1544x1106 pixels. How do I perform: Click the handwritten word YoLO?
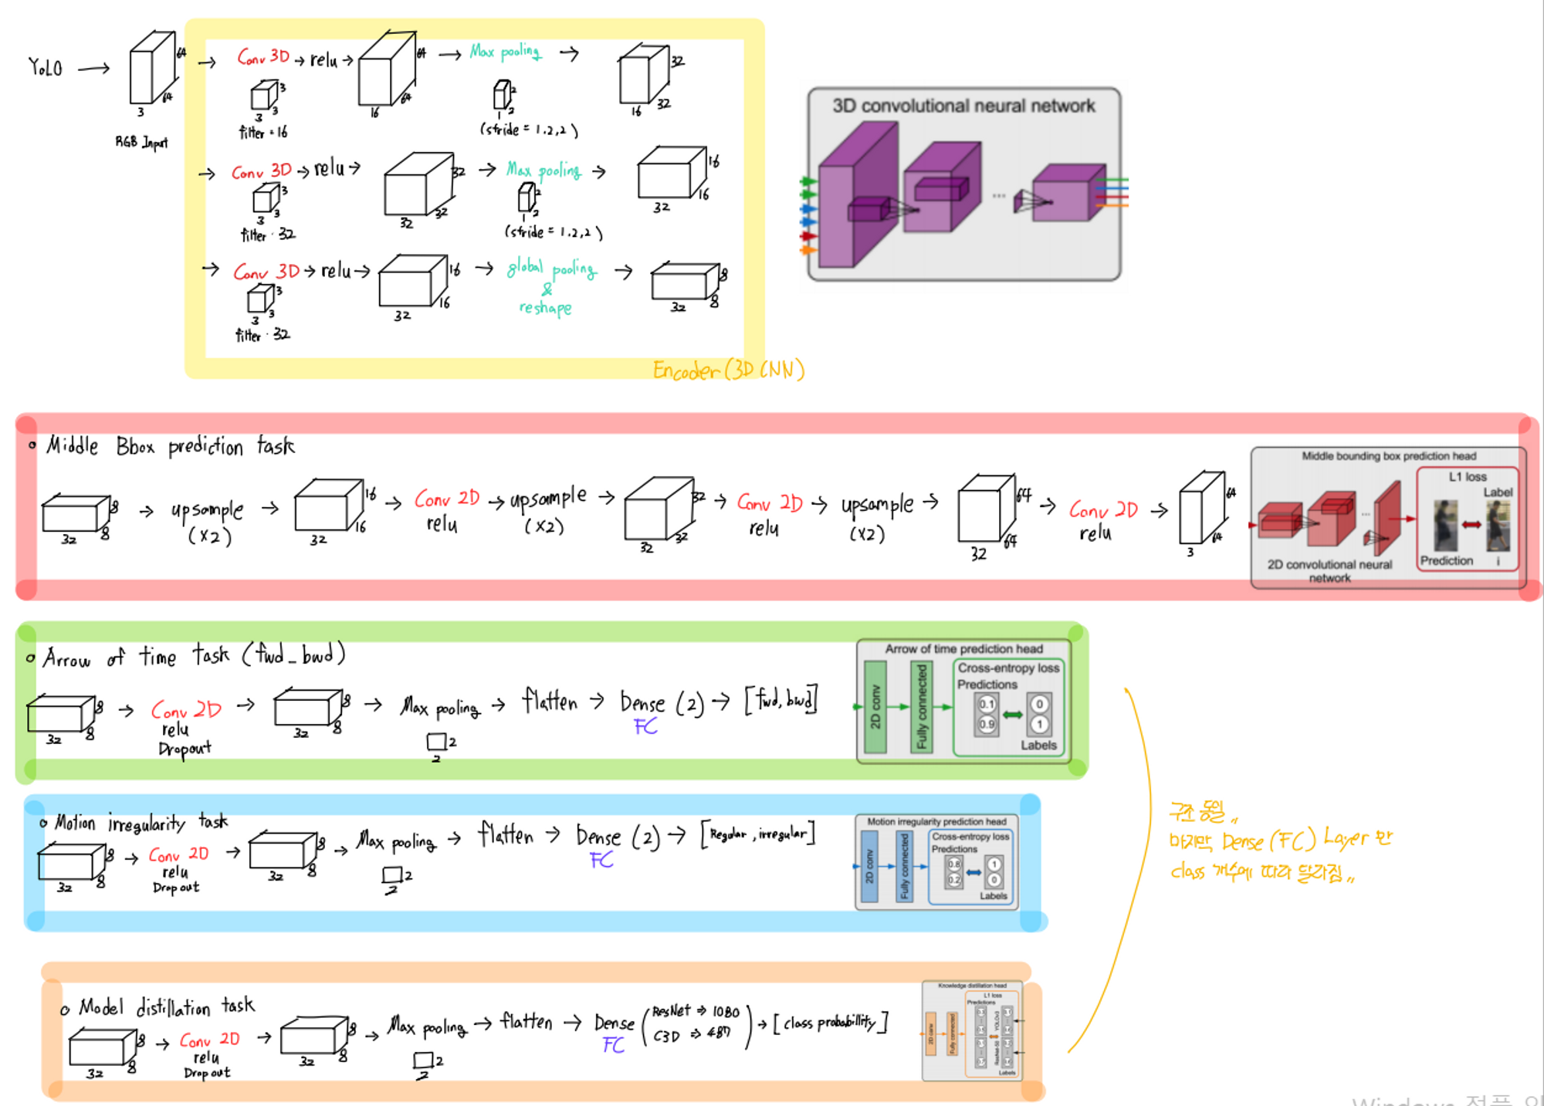pyautogui.click(x=45, y=68)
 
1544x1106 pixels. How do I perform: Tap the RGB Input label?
pyautogui.click(x=141, y=142)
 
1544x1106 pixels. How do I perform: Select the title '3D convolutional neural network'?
pyautogui.click(x=963, y=106)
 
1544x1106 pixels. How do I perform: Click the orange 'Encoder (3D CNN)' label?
pyautogui.click(x=728, y=370)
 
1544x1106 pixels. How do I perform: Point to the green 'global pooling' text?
pyautogui.click(x=551, y=268)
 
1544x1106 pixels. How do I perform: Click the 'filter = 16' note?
pyautogui.click(x=262, y=133)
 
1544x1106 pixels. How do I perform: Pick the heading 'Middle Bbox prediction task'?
pyautogui.click(x=170, y=446)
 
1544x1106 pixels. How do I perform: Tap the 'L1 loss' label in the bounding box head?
pyautogui.click(x=1467, y=477)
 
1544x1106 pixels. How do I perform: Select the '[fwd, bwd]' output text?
pyautogui.click(x=780, y=700)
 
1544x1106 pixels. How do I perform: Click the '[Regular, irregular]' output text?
pyautogui.click(x=757, y=834)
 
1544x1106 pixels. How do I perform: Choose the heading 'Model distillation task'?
pyautogui.click(x=166, y=1006)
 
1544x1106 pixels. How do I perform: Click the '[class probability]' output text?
pyautogui.click(x=830, y=1023)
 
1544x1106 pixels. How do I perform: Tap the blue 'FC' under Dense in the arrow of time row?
pyautogui.click(x=645, y=726)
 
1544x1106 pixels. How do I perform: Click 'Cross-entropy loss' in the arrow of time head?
pyautogui.click(x=1008, y=668)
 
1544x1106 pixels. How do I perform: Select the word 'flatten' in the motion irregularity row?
pyautogui.click(x=506, y=835)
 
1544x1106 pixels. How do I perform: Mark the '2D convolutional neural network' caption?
pyautogui.click(x=1329, y=570)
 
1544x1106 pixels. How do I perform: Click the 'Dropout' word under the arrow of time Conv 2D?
pyautogui.click(x=185, y=749)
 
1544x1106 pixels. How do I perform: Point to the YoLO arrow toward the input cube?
pyautogui.click(x=94, y=69)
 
